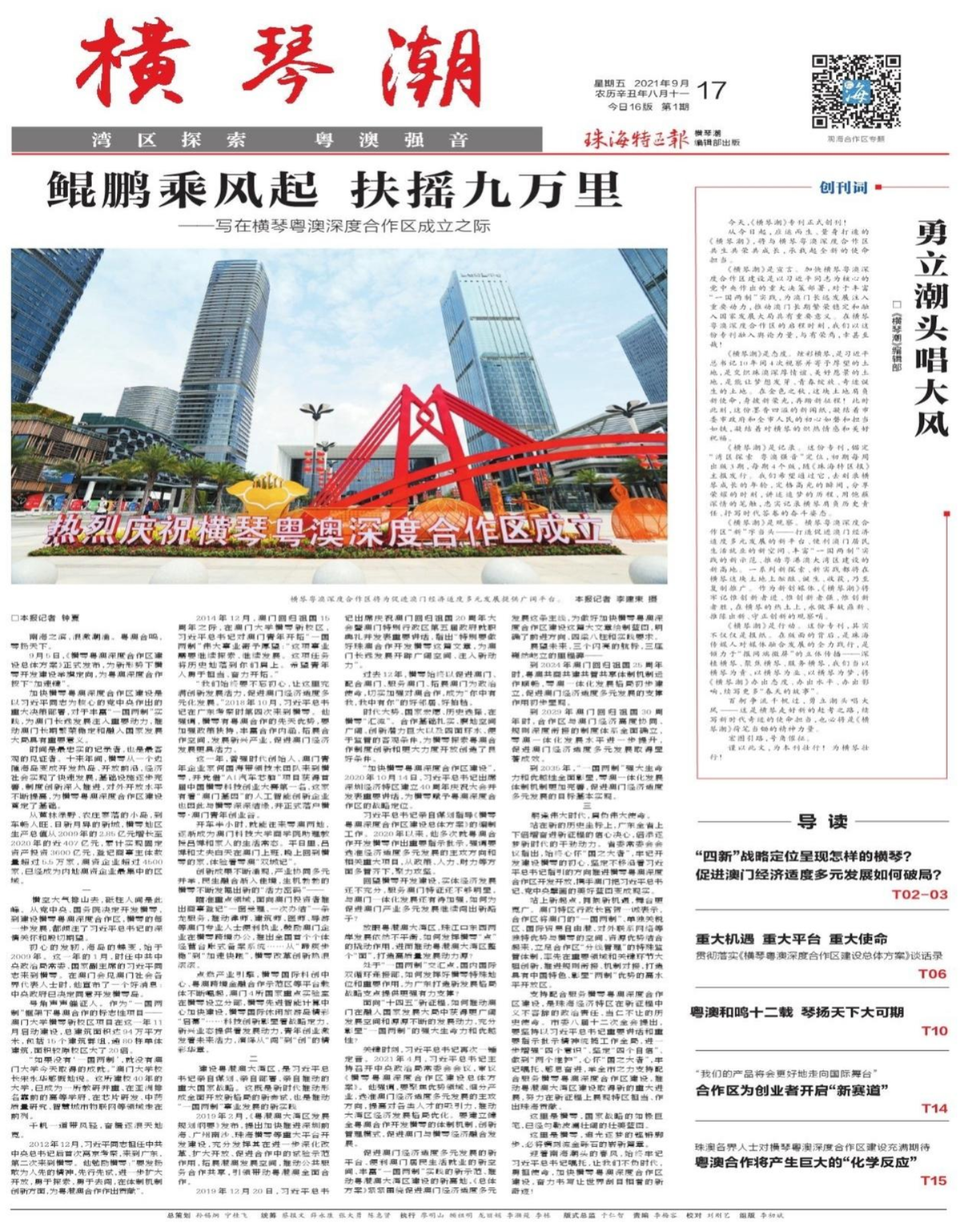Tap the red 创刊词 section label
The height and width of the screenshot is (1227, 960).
click(x=843, y=188)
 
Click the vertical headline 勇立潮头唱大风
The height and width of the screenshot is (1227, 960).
click(x=932, y=328)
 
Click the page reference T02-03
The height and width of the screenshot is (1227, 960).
click(x=918, y=894)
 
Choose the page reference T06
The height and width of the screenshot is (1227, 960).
click(x=932, y=974)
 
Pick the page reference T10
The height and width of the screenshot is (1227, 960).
click(x=932, y=1031)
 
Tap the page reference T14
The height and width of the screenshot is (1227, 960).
click(x=933, y=1108)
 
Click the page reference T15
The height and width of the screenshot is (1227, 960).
click(x=933, y=1181)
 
